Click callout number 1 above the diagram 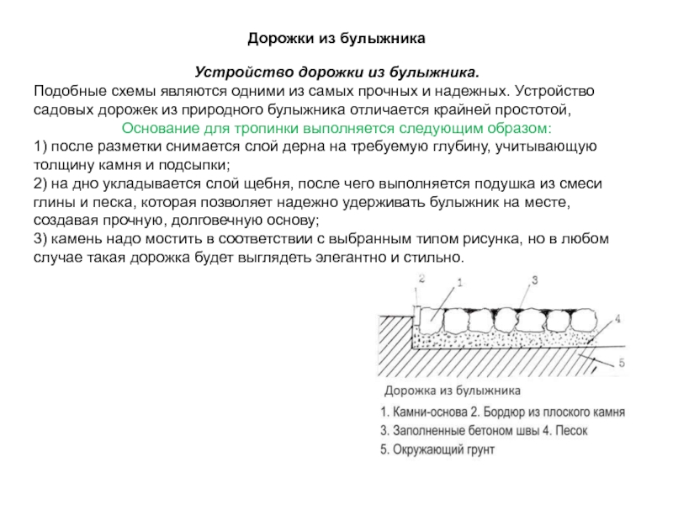click(459, 284)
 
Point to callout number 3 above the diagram click(533, 279)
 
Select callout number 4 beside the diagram click(618, 319)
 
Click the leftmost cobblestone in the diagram click(432, 319)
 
